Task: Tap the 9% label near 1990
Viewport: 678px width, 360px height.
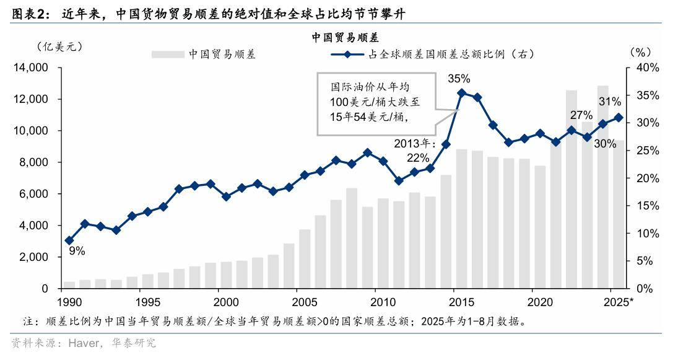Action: click(77, 251)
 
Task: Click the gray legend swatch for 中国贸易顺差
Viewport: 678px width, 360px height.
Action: click(168, 55)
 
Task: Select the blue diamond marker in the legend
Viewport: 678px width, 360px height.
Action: click(348, 55)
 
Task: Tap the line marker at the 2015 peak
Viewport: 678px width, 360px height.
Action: click(461, 93)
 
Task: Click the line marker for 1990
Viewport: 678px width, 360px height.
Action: click(69, 240)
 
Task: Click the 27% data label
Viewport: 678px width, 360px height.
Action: click(581, 115)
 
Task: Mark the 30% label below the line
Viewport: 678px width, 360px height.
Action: click(604, 144)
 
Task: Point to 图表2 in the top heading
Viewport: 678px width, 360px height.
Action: click(29, 13)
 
